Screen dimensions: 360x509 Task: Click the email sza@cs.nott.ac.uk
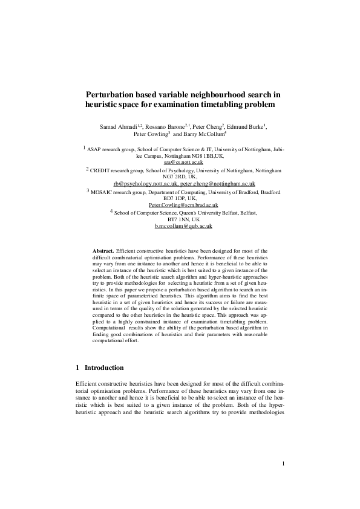pos(183,163)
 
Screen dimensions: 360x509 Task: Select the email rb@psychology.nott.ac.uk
pos(145,183)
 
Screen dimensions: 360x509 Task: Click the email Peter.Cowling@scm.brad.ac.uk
pos(183,205)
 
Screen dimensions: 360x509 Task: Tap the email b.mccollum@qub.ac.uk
pos(183,225)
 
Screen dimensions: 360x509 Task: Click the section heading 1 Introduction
pos(100,368)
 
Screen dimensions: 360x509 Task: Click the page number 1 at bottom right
pos(283,481)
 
